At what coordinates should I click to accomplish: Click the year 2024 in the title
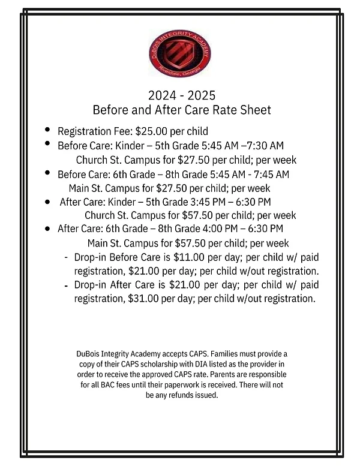(x=161, y=95)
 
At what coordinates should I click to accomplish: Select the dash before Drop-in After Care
(x=65, y=284)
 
